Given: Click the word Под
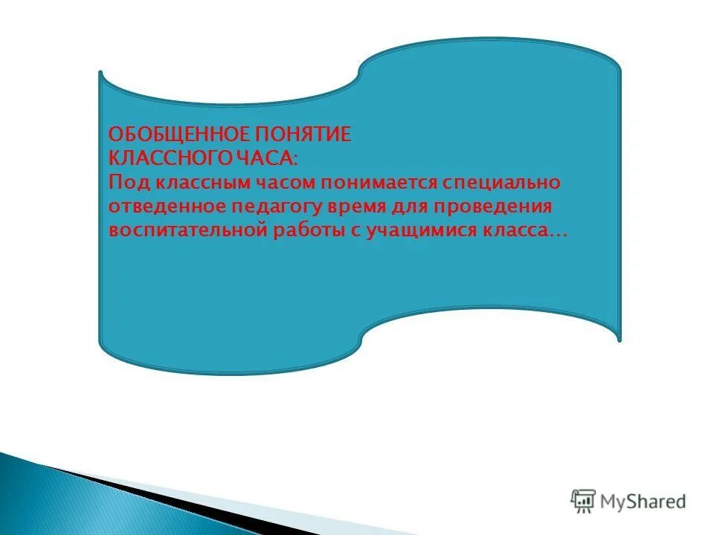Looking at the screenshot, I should pos(126,182).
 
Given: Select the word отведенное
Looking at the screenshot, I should pos(158,206).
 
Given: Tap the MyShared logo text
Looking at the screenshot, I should pos(643,502).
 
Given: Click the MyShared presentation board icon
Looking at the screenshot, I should pos(583,502).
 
